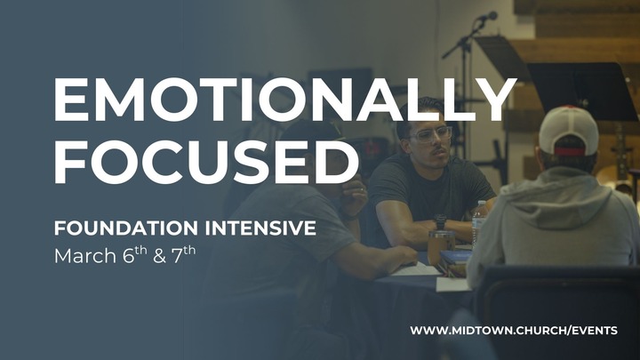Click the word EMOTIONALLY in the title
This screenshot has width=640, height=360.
tap(284, 99)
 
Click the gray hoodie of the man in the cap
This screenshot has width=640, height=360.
tap(556, 222)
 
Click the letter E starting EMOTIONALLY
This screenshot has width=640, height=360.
tap(73, 99)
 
